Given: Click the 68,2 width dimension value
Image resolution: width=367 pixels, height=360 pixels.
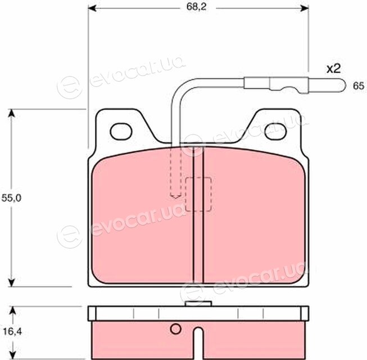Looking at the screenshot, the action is coord(196,7).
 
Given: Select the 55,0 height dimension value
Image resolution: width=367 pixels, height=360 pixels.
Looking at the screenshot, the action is coord(11,198).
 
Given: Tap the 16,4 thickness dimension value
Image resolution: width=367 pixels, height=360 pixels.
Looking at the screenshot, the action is coord(12,332).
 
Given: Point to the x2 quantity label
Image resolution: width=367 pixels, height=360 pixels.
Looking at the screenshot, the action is coord(333,69).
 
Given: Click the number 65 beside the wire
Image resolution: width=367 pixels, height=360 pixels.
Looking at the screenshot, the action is coord(359,86).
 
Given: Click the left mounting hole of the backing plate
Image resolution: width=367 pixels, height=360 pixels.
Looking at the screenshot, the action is coord(121,132).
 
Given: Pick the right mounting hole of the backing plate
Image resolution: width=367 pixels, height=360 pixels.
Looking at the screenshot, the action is coord(276,132).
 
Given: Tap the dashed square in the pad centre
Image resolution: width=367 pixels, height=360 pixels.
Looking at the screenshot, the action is coord(198,194).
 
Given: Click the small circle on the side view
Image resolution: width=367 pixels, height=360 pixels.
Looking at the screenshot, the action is coord(175,329).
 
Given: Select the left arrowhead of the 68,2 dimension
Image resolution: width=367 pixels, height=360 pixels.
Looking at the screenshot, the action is coord(92,8).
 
